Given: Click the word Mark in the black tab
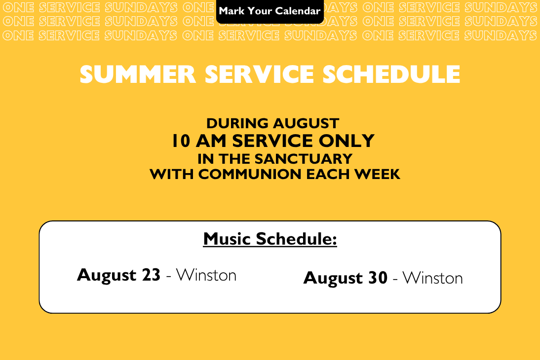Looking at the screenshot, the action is pos(232,11).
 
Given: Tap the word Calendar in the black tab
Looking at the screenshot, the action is pos(298,11).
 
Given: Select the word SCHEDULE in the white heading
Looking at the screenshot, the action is pos(391,74).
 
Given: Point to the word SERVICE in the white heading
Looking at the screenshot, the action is pos(259,74).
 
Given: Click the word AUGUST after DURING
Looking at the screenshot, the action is pos(307,123).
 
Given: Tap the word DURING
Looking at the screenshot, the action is pos(237,123).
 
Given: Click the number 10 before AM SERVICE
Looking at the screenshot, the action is pos(181,141).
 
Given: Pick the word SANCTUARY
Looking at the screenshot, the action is pos(303,159).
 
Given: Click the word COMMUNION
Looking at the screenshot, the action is pos(250,174).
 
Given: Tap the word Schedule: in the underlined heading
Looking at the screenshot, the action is pos(296,239).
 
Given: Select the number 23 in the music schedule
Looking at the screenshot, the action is pos(151,275).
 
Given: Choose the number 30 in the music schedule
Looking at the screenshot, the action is pos(378,278).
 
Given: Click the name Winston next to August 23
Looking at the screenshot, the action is pos(206,275).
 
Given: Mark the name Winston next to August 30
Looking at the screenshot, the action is pos(432,278).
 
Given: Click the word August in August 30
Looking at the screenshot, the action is pos(333,279).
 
